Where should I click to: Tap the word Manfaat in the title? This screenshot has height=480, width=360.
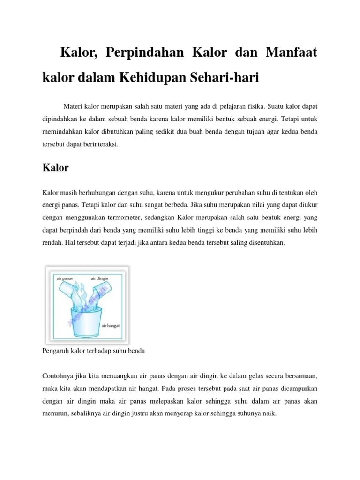(291, 53)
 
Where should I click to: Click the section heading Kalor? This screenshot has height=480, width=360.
(55, 168)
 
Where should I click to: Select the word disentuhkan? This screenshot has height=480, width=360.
(264, 243)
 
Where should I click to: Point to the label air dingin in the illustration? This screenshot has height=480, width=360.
(100, 278)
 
